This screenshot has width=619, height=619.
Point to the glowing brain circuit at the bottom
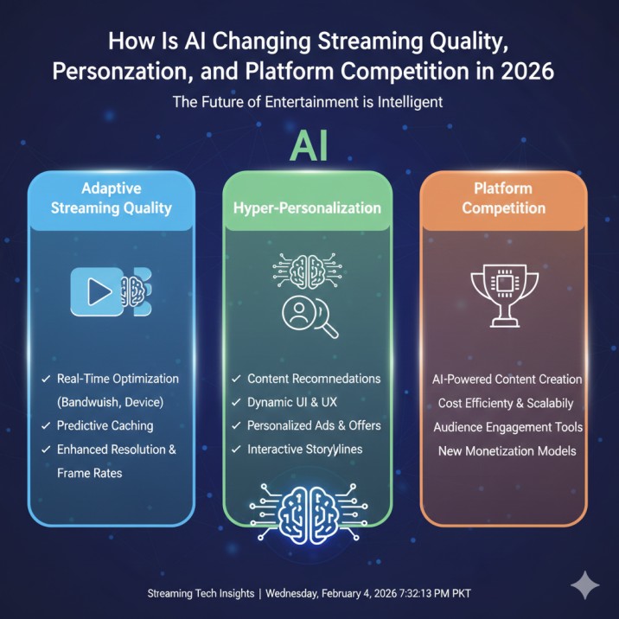309,509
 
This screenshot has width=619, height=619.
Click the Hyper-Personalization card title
308,208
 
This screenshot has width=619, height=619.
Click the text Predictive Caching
105,425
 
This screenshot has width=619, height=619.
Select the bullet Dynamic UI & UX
290,402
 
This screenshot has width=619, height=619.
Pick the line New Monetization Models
507,450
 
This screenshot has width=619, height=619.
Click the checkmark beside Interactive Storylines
236,449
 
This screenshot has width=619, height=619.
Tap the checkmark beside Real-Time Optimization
45,379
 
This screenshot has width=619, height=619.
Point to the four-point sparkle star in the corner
585,585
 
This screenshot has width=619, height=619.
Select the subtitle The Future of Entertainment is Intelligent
309,102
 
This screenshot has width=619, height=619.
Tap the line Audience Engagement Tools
507,427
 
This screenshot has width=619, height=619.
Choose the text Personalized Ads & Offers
314,425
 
